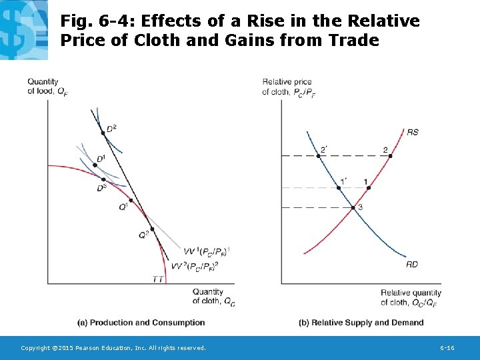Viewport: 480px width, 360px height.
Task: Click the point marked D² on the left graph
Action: point(103,133)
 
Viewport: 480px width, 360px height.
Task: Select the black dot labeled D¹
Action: point(95,165)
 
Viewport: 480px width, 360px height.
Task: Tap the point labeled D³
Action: point(103,179)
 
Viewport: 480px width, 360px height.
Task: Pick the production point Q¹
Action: point(131,200)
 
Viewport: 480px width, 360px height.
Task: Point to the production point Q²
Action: point(152,229)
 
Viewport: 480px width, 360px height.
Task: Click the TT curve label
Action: point(158,279)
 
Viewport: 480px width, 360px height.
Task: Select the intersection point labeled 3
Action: point(353,207)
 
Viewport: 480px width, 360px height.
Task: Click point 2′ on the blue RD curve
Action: point(318,156)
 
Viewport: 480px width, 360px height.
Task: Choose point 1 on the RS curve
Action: point(368,188)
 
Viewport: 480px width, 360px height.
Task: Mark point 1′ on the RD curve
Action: point(339,188)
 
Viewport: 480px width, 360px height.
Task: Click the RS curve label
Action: point(413,132)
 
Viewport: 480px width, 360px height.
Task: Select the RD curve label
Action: point(412,265)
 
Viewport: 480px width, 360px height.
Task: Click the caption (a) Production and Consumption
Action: point(141,323)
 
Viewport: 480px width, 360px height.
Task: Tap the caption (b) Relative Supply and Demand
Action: point(361,323)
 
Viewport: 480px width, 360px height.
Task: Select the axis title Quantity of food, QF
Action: point(45,87)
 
